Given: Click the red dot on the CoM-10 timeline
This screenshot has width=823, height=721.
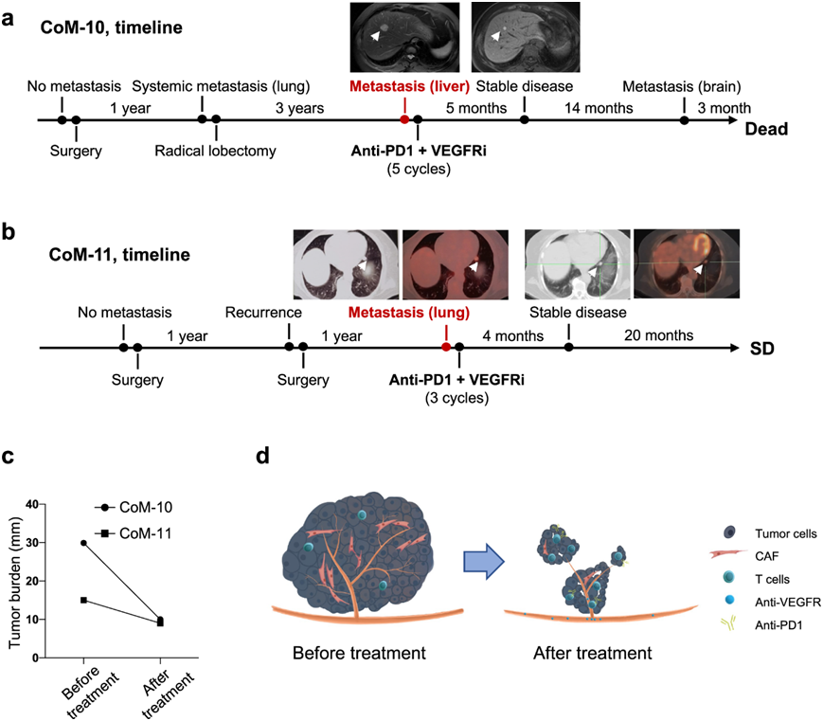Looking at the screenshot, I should point(404,120).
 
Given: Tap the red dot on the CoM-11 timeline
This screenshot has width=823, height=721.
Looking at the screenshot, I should point(445,348).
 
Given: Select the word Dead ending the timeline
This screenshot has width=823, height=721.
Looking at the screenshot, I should point(766,129).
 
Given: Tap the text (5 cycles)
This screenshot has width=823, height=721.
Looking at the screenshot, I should point(419,169).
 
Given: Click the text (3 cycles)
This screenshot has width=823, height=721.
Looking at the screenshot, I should point(456,399).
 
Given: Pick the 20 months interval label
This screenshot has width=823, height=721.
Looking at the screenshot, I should point(657,334).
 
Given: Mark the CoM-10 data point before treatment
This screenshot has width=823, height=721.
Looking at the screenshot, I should point(84,543).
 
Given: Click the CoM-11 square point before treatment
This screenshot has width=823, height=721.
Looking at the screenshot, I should point(84,600).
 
